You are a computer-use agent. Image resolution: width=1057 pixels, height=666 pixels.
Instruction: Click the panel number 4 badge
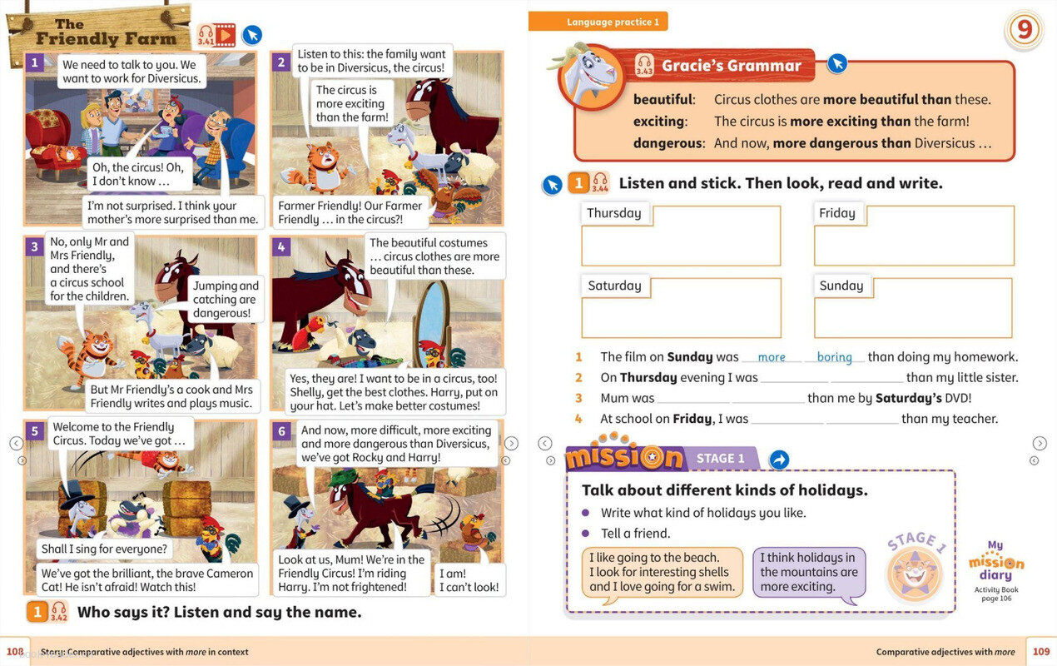[x=281, y=246]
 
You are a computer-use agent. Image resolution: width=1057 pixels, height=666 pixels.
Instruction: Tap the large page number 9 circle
[x=1024, y=30]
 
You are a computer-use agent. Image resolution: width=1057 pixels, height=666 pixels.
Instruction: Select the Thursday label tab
[x=614, y=213]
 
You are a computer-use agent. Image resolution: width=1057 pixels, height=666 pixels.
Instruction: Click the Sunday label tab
[x=841, y=286]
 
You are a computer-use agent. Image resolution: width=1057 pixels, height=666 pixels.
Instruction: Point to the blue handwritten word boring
[x=834, y=357]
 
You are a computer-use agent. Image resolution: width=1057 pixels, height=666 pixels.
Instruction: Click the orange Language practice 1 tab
[x=598, y=22]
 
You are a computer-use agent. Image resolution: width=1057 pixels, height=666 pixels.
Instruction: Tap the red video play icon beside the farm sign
[x=226, y=35]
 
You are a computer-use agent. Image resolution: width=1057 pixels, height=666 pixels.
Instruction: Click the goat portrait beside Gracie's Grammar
[x=590, y=76]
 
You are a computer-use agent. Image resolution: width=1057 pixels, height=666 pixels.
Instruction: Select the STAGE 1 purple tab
[x=721, y=459]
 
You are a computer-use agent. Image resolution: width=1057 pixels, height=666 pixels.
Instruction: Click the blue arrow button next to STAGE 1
[x=779, y=460]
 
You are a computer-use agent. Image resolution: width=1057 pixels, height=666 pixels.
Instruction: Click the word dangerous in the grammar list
[x=667, y=143]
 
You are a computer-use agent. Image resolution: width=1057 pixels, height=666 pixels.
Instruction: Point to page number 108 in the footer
[x=15, y=652]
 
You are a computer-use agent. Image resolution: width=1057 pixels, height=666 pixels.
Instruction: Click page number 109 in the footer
[x=1041, y=652]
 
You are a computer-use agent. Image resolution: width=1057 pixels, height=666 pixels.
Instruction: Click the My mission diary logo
[x=996, y=561]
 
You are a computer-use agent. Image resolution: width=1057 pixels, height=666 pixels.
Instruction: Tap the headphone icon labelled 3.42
[x=59, y=611]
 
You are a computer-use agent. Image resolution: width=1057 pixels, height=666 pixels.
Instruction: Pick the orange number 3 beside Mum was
[x=578, y=398]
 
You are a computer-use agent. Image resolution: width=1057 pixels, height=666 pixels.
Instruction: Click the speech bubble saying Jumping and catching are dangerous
[x=226, y=299]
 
